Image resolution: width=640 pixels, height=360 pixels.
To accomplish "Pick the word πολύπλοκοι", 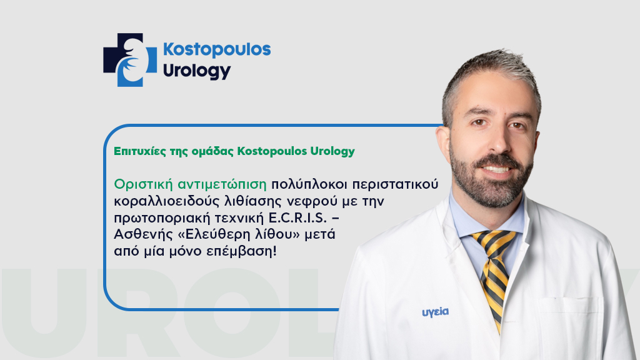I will coord(301,185).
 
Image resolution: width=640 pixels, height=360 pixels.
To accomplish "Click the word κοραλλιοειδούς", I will coord(163,201).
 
